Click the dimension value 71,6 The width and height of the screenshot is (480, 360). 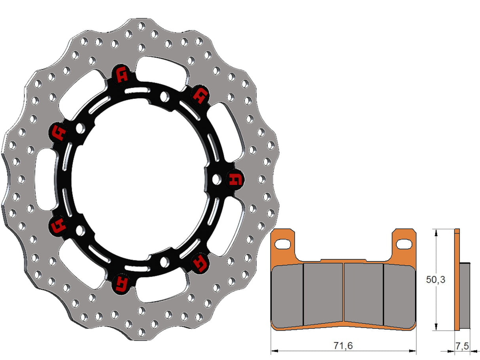(343, 345)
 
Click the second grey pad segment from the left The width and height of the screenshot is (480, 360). (323, 292)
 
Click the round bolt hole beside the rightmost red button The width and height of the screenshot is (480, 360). (216, 179)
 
